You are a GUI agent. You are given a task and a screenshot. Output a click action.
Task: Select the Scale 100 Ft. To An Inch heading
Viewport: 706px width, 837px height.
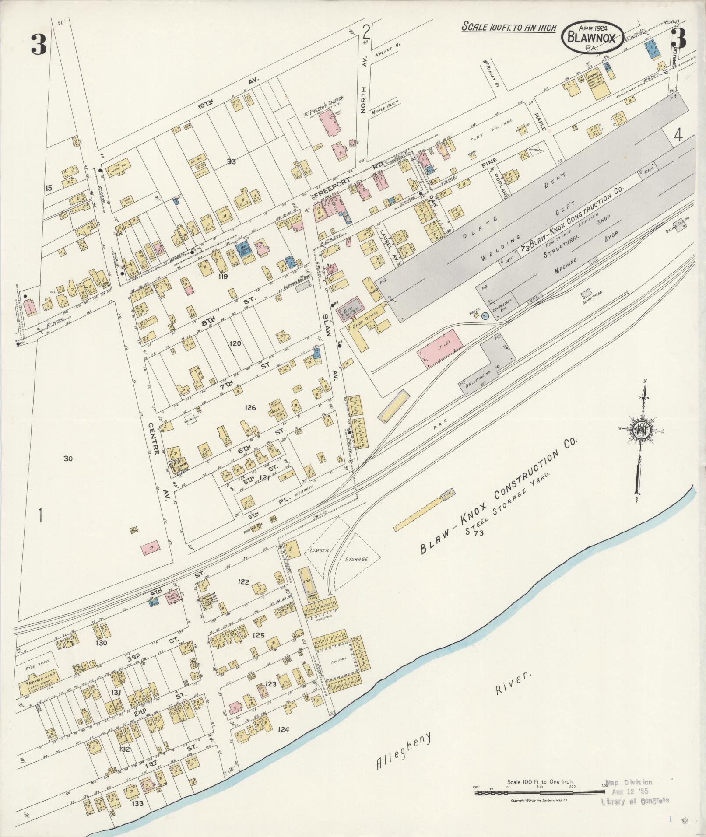pos(509,27)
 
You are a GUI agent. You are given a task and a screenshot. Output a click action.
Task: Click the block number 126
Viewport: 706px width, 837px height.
pos(250,408)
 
